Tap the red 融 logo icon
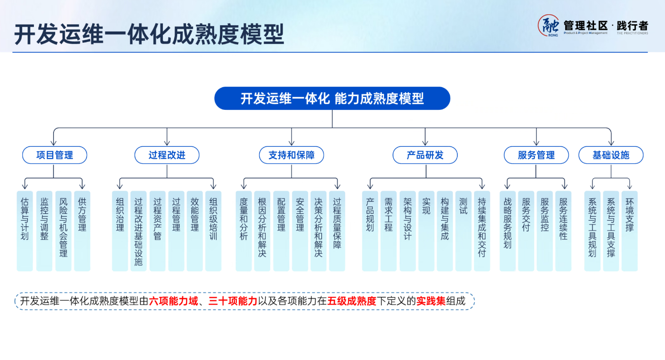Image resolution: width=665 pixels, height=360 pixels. (x=548, y=26)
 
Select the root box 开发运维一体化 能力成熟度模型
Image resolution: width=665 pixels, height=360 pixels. (x=332, y=98)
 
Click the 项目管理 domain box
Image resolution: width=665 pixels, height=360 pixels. (x=55, y=155)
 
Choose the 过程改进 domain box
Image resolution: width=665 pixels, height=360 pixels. (x=167, y=155)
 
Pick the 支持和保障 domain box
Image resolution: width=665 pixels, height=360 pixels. (x=291, y=155)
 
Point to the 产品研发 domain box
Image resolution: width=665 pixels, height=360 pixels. (x=425, y=155)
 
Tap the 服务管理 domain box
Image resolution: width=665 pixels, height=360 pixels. (x=536, y=155)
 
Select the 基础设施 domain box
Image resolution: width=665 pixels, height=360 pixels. (x=611, y=155)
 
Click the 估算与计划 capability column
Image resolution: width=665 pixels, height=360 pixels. (x=25, y=230)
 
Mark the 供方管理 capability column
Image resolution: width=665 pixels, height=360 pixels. (x=82, y=230)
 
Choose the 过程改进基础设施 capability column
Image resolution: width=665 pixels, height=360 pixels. (x=138, y=231)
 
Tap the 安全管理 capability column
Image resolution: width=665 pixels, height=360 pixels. (x=300, y=230)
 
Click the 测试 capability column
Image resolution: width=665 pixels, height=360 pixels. (x=463, y=230)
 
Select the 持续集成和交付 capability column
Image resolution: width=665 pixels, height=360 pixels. (x=482, y=230)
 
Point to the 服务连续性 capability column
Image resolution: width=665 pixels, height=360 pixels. (x=563, y=230)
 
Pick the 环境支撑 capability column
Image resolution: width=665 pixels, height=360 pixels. (x=630, y=230)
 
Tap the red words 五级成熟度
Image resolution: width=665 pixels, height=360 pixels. (x=351, y=301)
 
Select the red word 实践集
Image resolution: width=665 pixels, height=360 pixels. (x=431, y=301)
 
